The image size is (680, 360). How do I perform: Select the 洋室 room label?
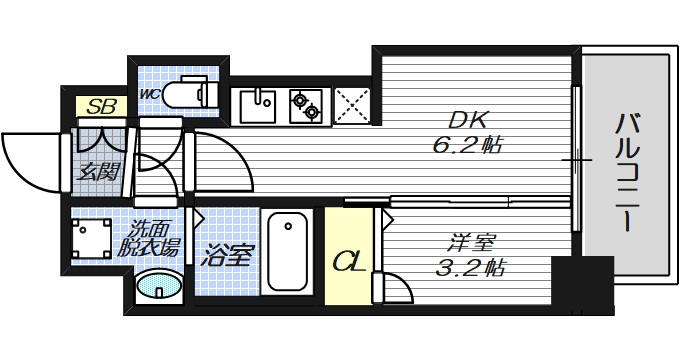(469, 242)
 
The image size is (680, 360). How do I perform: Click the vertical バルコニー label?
(627, 172)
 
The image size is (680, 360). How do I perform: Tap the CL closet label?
(347, 262)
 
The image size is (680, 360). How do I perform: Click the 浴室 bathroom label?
(227, 255)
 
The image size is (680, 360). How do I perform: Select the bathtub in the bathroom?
(288, 253)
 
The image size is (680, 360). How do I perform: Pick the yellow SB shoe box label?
(99, 105)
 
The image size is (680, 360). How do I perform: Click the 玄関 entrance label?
(99, 171)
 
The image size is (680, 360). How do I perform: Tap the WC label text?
(150, 94)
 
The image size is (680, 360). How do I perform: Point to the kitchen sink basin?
(262, 103)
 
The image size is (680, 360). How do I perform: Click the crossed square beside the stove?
(352, 104)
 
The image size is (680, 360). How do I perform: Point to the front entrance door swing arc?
(30, 160)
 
